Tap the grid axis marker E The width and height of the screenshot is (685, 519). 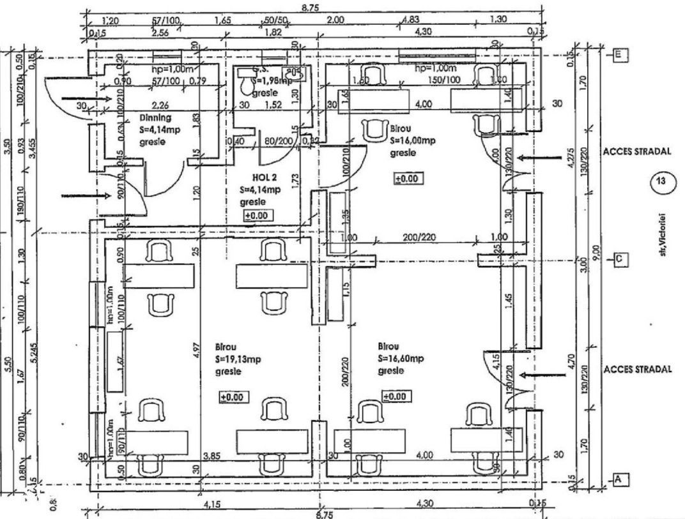coord(619,55)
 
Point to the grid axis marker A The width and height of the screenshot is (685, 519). coord(619,478)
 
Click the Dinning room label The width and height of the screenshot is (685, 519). coord(155,118)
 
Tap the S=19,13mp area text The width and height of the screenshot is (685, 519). coord(238,359)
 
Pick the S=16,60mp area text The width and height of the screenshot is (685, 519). coord(401,359)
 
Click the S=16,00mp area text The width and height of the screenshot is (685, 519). coord(412,142)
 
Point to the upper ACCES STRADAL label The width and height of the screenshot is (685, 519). coord(636,153)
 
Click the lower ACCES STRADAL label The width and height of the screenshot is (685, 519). coord(636,370)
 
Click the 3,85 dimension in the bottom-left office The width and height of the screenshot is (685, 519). coord(211,455)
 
